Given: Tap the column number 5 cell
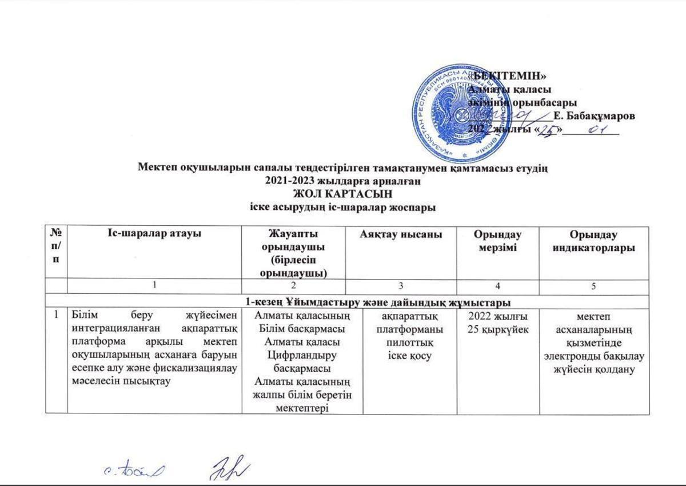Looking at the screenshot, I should pos(595,286).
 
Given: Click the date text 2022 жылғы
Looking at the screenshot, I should pos(498,316).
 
